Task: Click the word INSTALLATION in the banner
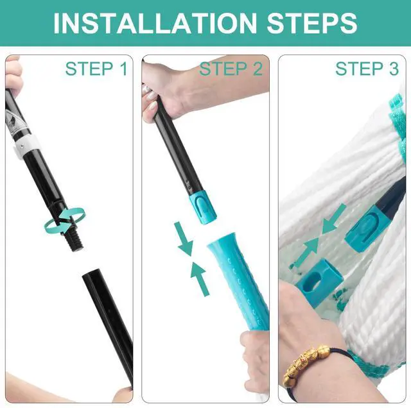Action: point(155,23)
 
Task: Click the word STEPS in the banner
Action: point(312,23)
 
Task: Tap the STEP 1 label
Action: point(96,69)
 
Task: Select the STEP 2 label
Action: point(231,69)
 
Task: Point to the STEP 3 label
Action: point(367,69)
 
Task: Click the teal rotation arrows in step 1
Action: point(64,221)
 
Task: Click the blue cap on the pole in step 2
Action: point(203,209)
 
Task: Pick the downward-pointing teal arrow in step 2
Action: point(184,238)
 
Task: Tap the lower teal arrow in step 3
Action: point(304,253)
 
